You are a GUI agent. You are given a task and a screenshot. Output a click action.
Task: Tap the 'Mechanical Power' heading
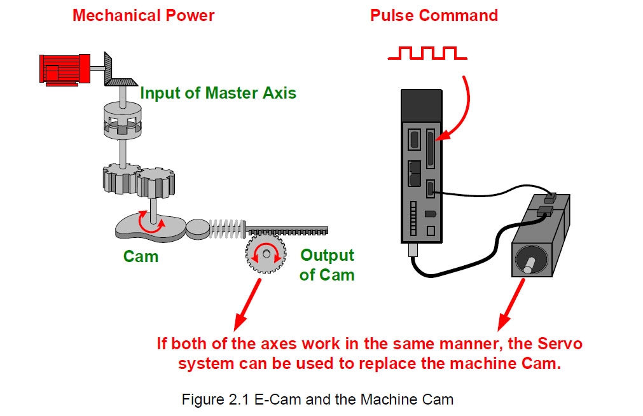[144, 16]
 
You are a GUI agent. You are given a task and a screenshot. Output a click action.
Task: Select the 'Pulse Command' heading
[434, 16]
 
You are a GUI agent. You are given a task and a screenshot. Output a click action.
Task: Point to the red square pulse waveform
[427, 53]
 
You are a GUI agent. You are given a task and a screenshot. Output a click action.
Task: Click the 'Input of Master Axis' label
[218, 93]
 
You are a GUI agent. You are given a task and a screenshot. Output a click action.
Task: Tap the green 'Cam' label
[141, 256]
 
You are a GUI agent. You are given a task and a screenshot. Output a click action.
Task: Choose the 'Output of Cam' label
[327, 265]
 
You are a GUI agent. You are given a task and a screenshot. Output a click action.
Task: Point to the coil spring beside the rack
[227, 228]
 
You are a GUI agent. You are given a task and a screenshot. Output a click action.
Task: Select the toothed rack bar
[287, 230]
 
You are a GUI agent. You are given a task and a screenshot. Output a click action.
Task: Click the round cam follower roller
[198, 229]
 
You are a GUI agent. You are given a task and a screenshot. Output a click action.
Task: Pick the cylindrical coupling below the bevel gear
[123, 120]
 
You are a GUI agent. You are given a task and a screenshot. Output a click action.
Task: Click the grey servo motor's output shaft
[529, 265]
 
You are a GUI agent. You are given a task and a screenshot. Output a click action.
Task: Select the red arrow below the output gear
[247, 305]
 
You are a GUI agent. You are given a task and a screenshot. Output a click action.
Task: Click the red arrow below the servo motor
[511, 305]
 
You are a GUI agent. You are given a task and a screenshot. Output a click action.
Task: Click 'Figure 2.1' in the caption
[216, 399]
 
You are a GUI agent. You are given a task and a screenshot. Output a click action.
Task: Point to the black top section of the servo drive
[422, 106]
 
